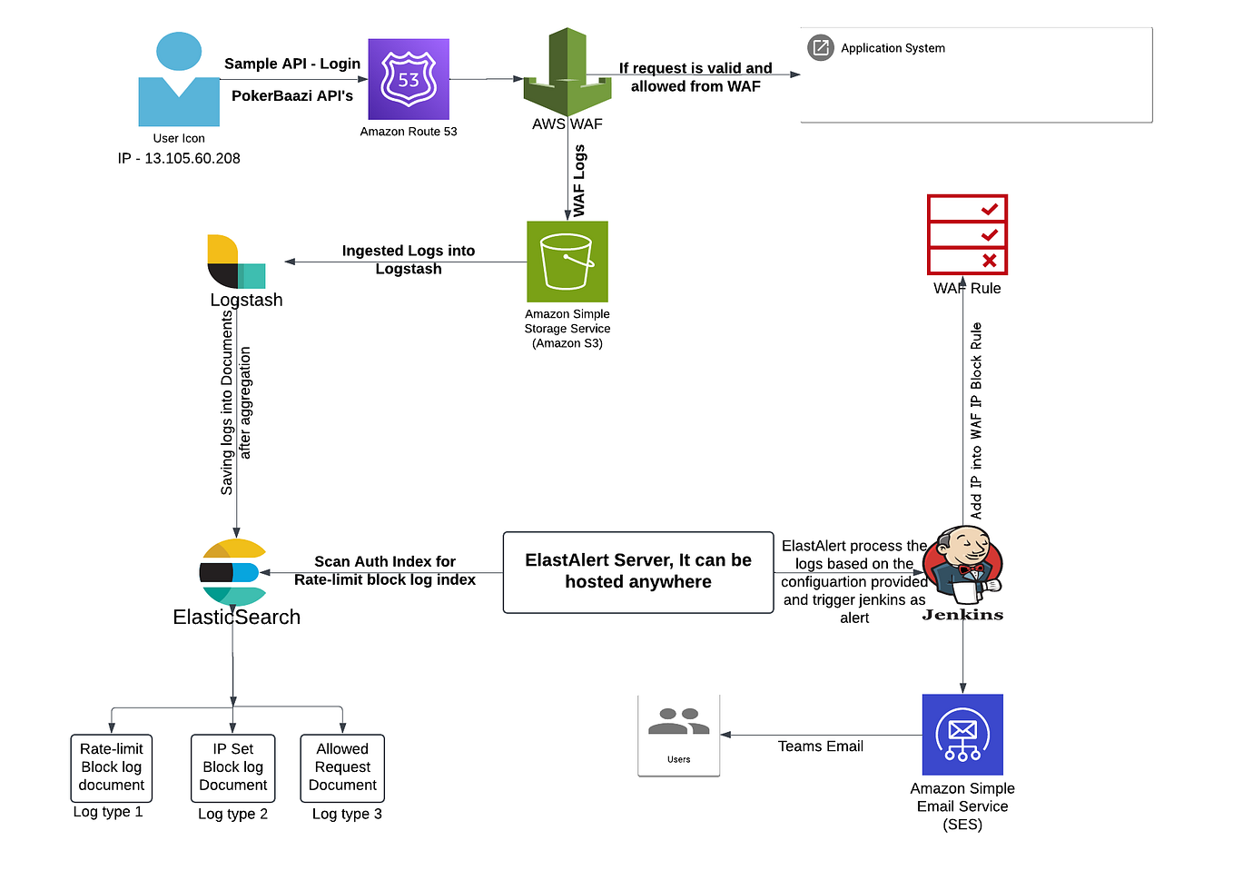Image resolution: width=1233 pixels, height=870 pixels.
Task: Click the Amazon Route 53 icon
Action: point(408,79)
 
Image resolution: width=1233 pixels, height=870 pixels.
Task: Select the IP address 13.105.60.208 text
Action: point(179,158)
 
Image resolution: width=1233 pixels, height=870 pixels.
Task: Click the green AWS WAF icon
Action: point(567,73)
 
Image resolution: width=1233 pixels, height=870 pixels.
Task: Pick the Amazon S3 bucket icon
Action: point(567,262)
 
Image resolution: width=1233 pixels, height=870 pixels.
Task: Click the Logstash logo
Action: point(236,262)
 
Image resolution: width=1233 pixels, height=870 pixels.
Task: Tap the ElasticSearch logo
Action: point(232,572)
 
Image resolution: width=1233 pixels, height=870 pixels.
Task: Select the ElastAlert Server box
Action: point(638,572)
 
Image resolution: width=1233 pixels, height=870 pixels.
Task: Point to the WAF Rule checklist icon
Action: point(967,234)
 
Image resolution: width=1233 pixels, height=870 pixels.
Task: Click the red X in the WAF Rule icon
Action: point(989,261)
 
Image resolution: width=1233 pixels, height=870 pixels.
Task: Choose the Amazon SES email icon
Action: point(962,734)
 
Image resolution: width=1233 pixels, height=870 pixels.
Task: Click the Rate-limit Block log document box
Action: point(112,767)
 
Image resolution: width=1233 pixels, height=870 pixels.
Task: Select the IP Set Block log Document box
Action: point(233,767)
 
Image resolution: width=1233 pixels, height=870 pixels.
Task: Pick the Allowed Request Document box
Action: point(342,767)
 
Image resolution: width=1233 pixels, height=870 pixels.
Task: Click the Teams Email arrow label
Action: point(820,746)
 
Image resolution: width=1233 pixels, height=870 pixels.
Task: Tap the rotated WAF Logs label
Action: point(579,181)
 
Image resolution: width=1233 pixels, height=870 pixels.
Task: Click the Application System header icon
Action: point(820,47)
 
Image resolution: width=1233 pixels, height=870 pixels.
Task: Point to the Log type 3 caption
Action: point(347,814)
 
